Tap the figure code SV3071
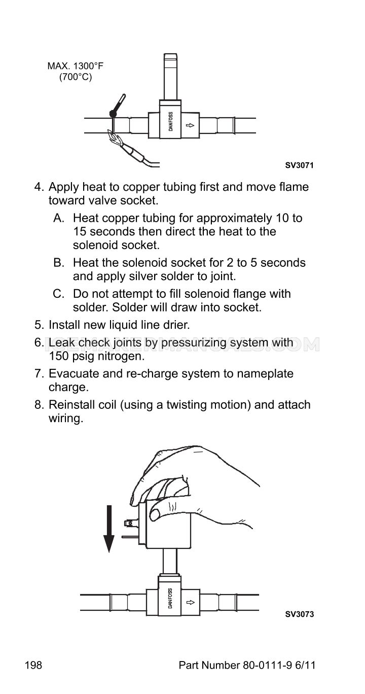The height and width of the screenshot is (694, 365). coord(299,165)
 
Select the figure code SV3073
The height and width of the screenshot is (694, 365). coord(300,614)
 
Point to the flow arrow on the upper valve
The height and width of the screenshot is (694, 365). coord(190,125)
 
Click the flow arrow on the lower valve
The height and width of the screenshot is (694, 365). coord(191,602)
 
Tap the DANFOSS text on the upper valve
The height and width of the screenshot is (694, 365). coord(171,121)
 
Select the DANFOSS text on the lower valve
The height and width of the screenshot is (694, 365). coord(170,598)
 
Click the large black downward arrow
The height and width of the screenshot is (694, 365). coord(108,529)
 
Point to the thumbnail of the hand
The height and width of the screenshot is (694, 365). coord(155,514)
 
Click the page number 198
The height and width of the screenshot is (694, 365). coord(33,665)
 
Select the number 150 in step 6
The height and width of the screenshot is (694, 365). coord(58,356)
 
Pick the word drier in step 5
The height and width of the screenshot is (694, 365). coord(176,325)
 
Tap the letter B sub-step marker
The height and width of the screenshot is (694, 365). coord(59,263)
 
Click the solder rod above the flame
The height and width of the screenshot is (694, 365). coord(117,106)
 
